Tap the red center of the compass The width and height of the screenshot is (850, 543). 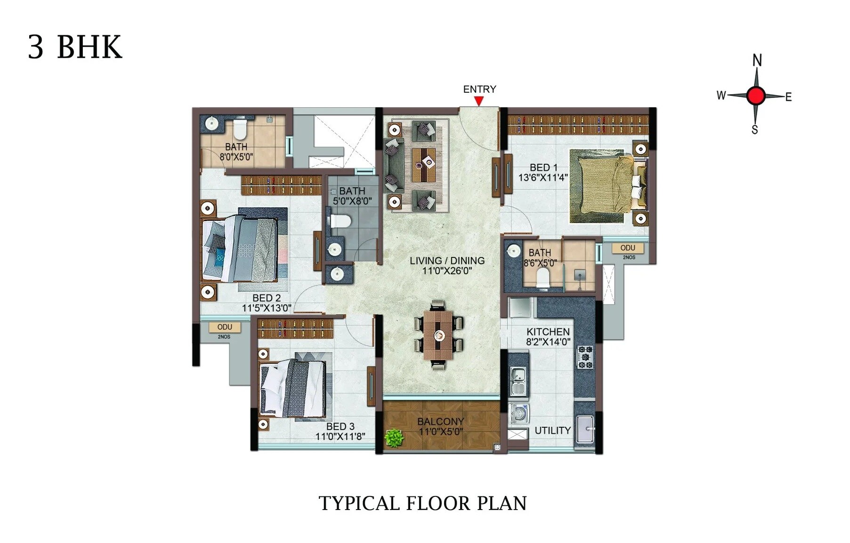[756, 96]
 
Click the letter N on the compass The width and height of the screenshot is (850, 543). [757, 60]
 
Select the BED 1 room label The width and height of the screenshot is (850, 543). [543, 168]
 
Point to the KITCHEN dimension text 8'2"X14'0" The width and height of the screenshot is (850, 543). [548, 342]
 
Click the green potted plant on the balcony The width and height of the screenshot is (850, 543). [394, 438]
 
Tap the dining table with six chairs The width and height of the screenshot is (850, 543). [438, 335]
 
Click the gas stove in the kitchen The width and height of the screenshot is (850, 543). [585, 357]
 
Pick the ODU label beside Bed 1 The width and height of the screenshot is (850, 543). [627, 248]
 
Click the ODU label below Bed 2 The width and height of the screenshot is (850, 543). [225, 327]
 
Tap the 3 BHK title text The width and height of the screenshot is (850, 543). [75, 47]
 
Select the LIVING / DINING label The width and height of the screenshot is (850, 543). [446, 261]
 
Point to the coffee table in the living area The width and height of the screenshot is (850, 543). [424, 165]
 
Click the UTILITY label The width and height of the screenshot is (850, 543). [552, 431]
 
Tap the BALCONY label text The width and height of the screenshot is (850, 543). [440, 421]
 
